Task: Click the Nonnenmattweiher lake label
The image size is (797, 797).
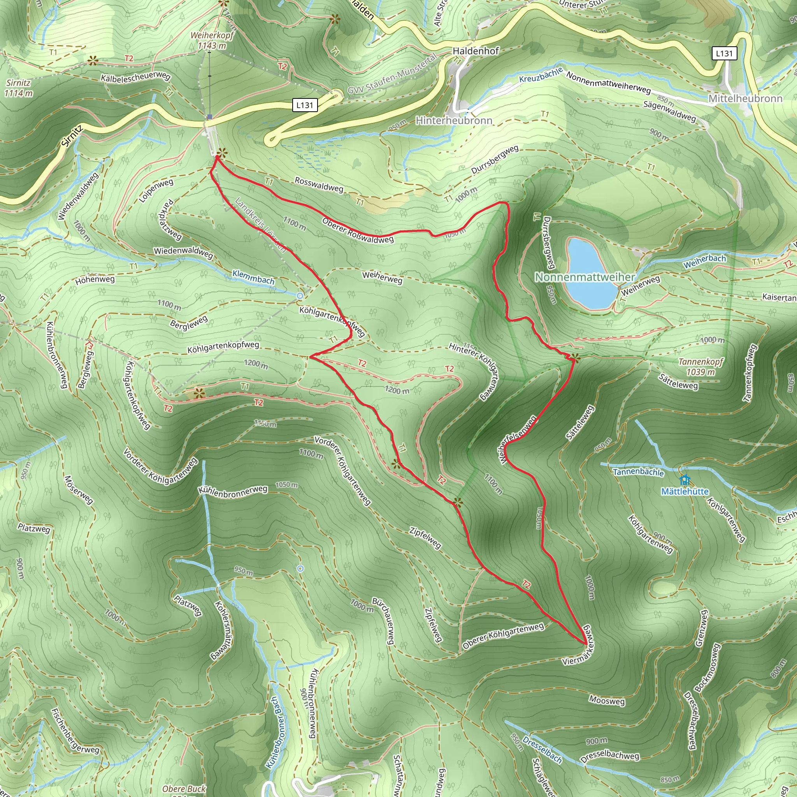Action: pos(585,277)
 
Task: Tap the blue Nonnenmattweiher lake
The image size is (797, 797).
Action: pos(586,264)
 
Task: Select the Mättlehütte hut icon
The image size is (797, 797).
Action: pos(685,480)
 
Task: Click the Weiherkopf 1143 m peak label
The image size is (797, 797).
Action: pos(212,40)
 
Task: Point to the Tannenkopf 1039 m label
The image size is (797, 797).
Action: pos(701,367)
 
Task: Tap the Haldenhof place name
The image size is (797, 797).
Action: pos(476,51)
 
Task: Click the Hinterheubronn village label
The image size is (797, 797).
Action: pos(454,121)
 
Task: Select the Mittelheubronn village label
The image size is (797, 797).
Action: pos(745,98)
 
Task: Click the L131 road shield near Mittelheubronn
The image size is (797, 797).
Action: pos(724,53)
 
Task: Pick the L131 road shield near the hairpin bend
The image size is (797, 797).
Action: pos(305,105)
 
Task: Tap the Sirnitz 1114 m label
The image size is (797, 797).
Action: pos(19,88)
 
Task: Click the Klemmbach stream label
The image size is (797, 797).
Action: pos(253,277)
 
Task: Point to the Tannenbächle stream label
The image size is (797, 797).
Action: pos(638,472)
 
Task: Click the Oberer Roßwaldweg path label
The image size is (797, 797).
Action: pos(358,231)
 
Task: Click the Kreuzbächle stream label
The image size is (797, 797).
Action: pos(541,75)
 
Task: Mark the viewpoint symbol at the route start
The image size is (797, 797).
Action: pos(221,153)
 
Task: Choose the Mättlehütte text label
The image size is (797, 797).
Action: pos(685,492)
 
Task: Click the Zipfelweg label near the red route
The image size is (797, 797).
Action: pos(425,537)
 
